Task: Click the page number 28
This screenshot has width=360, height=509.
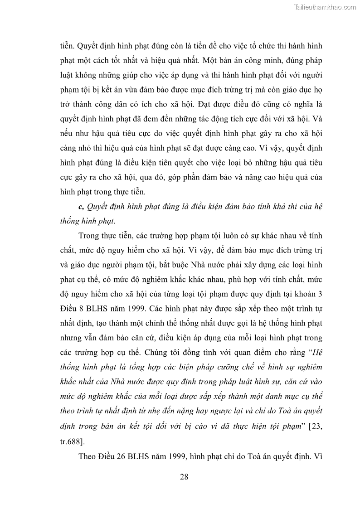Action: [184, 476]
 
